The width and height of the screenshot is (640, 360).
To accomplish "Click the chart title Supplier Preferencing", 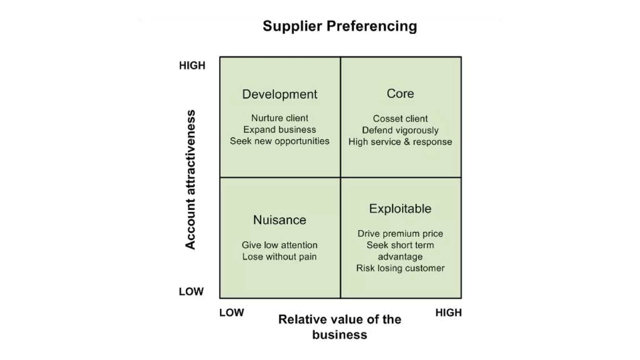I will tap(340, 26).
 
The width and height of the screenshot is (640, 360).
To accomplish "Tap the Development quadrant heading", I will tap(280, 94).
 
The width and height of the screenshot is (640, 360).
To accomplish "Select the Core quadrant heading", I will tap(400, 93).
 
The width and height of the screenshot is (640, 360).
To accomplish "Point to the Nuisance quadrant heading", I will tap(280, 220).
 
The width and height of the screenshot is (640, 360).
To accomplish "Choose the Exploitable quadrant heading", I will tap(400, 208).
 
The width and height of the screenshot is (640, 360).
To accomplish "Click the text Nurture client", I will tap(280, 118).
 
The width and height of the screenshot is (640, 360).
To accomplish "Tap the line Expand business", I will tap(280, 130).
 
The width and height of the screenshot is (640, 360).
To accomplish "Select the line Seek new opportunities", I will tap(280, 141).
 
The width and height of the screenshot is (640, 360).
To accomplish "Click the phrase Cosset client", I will tap(400, 119).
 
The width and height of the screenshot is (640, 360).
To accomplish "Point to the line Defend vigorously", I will tap(400, 130).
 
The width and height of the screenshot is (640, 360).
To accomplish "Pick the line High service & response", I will tap(400, 142).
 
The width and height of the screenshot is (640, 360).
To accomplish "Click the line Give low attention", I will tap(280, 245).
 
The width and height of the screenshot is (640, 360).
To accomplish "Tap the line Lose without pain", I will tap(280, 257).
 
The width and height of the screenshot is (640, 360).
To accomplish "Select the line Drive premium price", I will tap(400, 234).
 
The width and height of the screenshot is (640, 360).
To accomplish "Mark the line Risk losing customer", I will tap(400, 268).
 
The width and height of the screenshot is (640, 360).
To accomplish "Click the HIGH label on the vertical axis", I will tap(192, 66).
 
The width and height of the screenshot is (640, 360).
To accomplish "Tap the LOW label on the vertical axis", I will tap(191, 292).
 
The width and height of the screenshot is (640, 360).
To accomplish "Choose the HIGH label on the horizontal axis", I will tap(448, 312).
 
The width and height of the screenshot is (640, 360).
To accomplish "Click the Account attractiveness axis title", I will tap(190, 179).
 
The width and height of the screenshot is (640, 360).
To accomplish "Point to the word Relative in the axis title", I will tap(299, 319).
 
